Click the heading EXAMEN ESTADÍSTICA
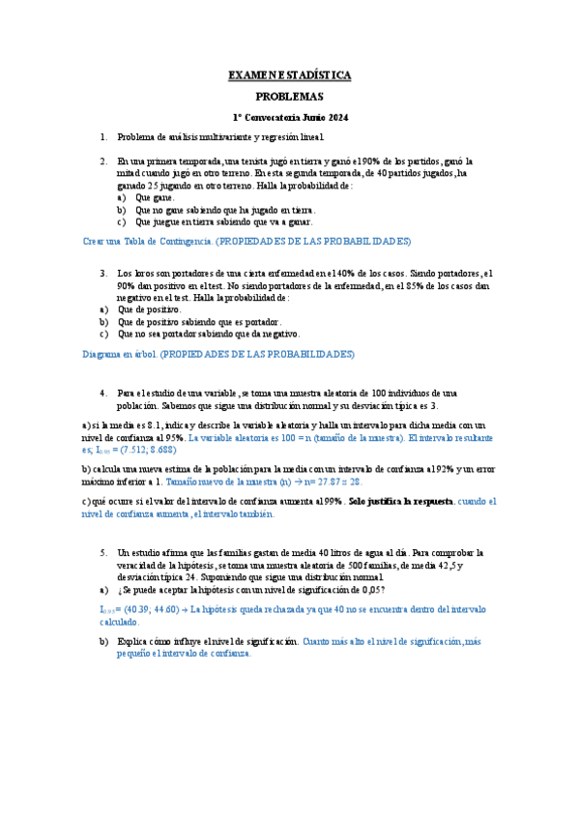point(289,74)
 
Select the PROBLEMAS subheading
point(289,97)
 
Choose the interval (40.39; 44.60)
point(146,609)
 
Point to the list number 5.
point(103,551)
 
